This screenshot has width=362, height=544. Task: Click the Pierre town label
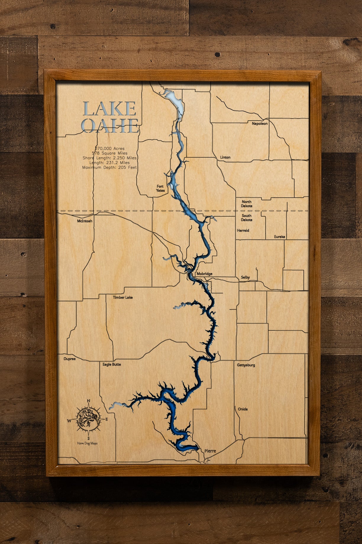pyautogui.click(x=210, y=451)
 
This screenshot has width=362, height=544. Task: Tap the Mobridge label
pyautogui.click(x=204, y=274)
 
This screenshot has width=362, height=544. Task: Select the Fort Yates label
pyautogui.click(x=160, y=188)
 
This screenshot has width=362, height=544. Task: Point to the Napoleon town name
pyautogui.click(x=260, y=124)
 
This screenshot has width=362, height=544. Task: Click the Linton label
pyautogui.click(x=225, y=157)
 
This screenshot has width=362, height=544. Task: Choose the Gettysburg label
pyautogui.click(x=246, y=365)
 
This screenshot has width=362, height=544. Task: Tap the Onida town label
pyautogui.click(x=243, y=409)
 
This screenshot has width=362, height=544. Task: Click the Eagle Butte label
pyautogui.click(x=112, y=364)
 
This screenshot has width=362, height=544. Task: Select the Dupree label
pyautogui.click(x=70, y=359)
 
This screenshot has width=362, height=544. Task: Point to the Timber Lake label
pyautogui.click(x=123, y=297)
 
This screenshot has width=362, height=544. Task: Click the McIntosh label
pyautogui.click(x=85, y=221)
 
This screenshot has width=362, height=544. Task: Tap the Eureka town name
pyautogui.click(x=279, y=237)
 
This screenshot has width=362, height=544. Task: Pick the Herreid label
pyautogui.click(x=243, y=230)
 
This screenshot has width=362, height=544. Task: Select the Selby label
pyautogui.click(x=245, y=277)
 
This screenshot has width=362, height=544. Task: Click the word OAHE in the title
pyautogui.click(x=110, y=126)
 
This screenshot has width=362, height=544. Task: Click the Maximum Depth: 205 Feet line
pyautogui.click(x=109, y=167)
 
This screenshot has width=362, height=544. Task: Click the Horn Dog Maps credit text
pyautogui.click(x=87, y=443)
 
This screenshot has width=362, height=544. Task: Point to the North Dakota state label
pyautogui.click(x=246, y=204)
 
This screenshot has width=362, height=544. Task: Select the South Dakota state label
pyautogui.click(x=246, y=218)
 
